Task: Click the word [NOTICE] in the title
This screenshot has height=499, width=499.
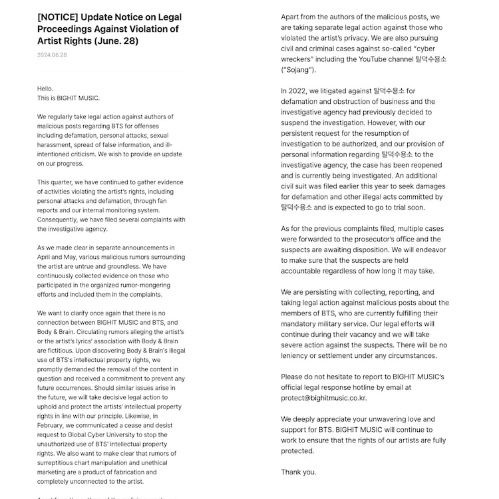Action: pos(60,17)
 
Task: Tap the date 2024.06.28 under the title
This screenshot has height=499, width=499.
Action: pos(52,55)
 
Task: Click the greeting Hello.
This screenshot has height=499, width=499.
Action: pos(45,88)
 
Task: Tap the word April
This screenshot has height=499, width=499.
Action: pos(47,257)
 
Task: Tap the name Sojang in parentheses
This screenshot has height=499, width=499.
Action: pos(299,69)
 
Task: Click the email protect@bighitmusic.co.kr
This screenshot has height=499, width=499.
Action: pos(323,398)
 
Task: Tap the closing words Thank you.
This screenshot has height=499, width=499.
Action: pos(299,472)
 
